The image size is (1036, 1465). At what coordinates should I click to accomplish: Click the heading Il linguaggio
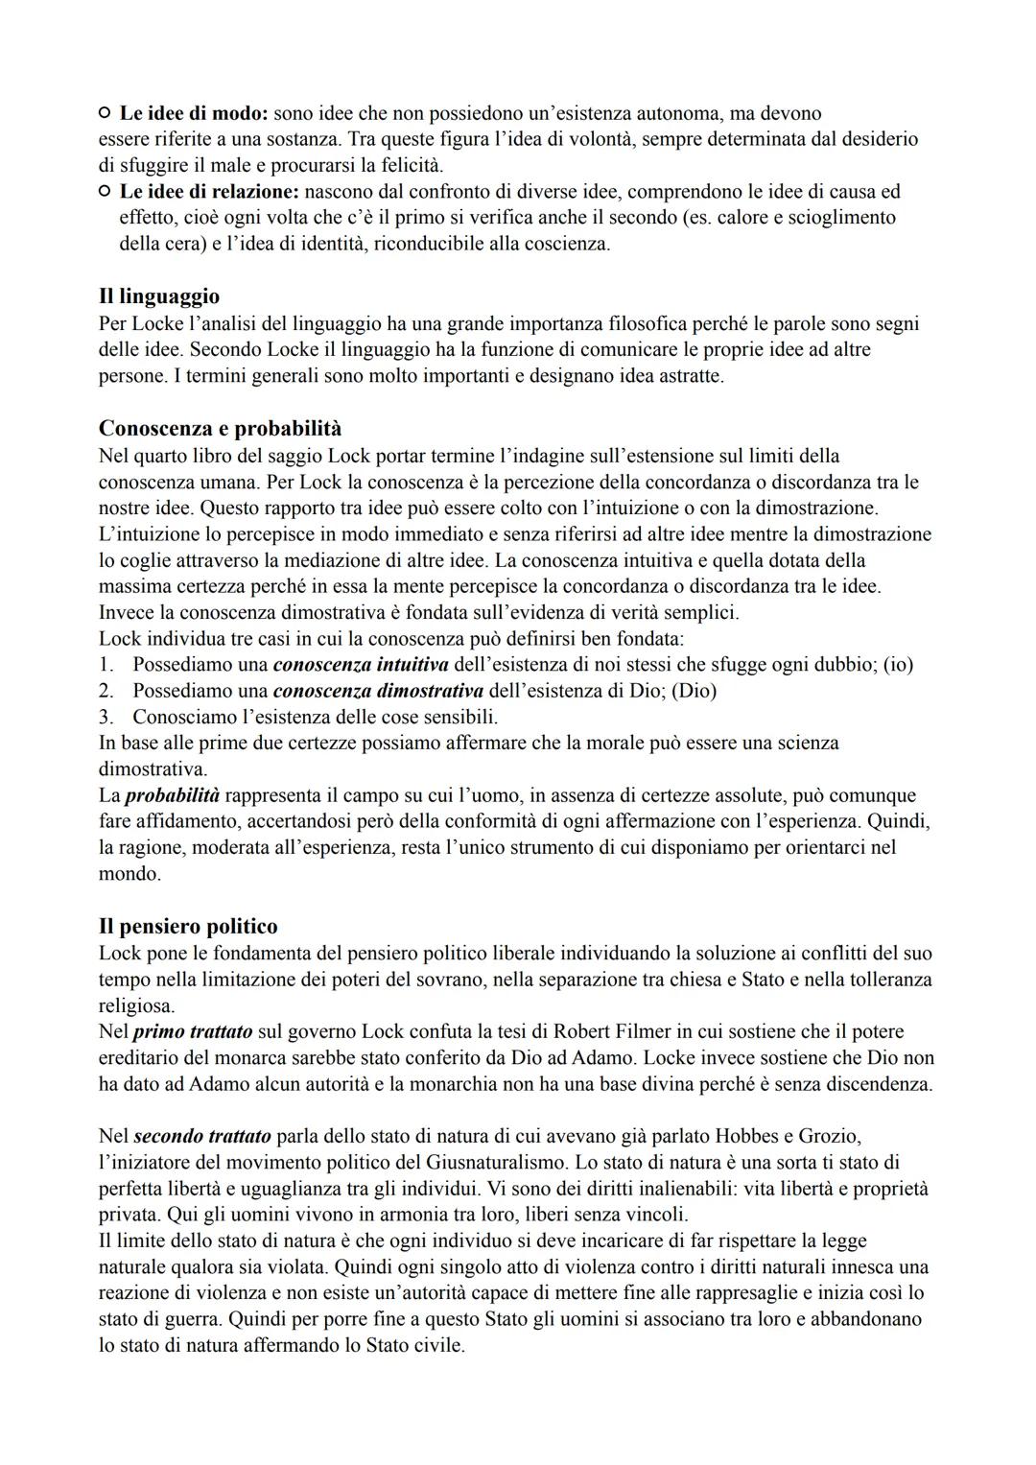tap(159, 296)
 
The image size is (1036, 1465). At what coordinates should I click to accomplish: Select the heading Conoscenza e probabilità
tap(220, 428)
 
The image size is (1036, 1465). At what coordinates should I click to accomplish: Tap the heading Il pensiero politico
tap(188, 927)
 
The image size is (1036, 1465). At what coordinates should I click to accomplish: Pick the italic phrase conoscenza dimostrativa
tap(378, 690)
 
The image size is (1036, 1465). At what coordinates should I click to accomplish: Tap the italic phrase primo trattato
tap(193, 1031)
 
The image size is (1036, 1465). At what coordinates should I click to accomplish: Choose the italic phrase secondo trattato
tap(203, 1136)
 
